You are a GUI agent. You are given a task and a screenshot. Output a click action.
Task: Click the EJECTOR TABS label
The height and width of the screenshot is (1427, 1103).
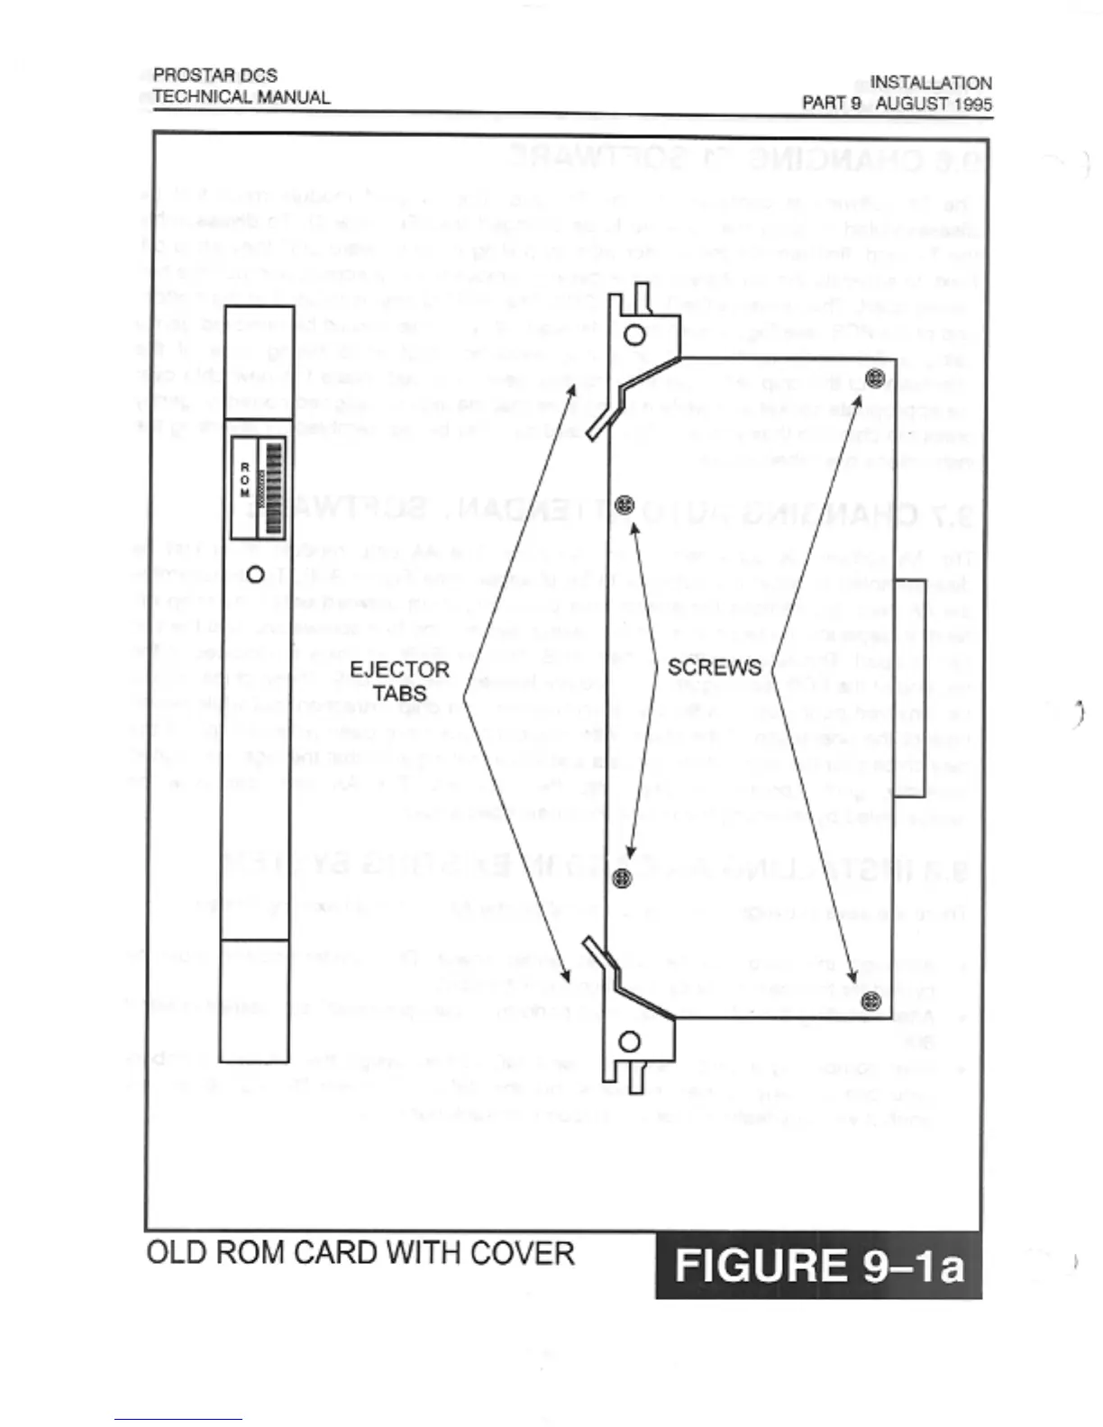[399, 681]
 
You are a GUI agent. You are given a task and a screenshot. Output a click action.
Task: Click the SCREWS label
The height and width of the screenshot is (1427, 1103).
[714, 668]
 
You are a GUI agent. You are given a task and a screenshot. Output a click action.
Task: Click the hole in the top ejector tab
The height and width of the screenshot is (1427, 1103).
[634, 335]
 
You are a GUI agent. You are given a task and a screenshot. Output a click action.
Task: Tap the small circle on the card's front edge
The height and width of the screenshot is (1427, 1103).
[256, 574]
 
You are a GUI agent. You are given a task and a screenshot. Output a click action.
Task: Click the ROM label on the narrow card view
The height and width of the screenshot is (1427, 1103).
[244, 479]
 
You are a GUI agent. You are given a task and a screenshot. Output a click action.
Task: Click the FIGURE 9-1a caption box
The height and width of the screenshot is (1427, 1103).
[818, 1265]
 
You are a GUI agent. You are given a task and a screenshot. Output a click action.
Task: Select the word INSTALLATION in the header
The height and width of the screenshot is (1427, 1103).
[930, 83]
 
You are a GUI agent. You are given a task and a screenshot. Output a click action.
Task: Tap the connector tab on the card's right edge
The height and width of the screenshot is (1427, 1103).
[910, 688]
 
